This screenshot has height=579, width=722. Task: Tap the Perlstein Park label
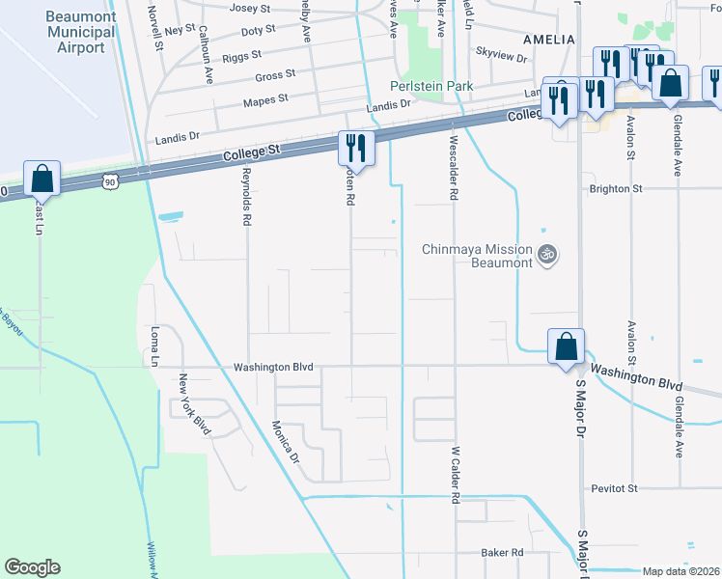[431, 86]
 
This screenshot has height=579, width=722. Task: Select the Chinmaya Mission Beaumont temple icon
[547, 255]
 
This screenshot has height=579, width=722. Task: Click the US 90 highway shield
[112, 180]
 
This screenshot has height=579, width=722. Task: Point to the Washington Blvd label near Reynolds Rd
[274, 367]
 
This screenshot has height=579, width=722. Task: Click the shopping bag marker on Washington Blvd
[566, 346]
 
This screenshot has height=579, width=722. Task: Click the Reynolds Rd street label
[247, 201]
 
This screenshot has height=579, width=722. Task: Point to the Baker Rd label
[502, 553]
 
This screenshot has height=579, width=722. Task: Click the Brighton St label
[616, 189]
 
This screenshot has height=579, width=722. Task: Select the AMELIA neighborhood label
[548, 40]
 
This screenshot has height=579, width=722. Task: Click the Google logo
[32, 567]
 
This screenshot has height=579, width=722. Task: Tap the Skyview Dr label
[502, 57]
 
